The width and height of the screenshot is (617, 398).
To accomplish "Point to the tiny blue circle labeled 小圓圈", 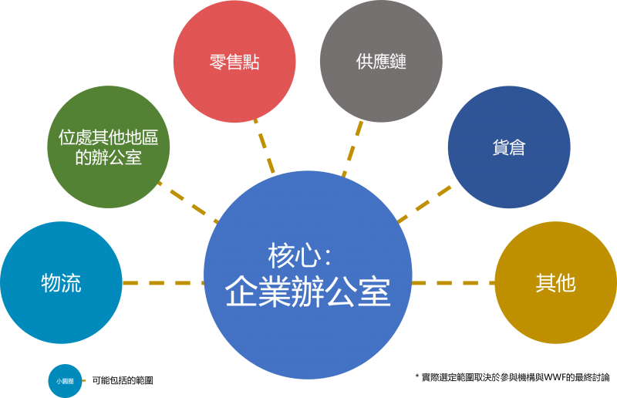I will coord(65,380).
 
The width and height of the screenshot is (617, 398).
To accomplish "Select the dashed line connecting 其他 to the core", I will coord(453,283).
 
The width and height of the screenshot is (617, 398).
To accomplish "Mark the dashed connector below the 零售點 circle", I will coord(265,145).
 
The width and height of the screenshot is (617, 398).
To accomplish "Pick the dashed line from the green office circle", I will coord(187,201).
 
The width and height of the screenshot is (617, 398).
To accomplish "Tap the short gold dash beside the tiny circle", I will coord(84,380).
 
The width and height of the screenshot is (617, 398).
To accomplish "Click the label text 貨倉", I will coord(508,147).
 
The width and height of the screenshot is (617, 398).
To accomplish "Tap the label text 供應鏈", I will coord(381,62).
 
